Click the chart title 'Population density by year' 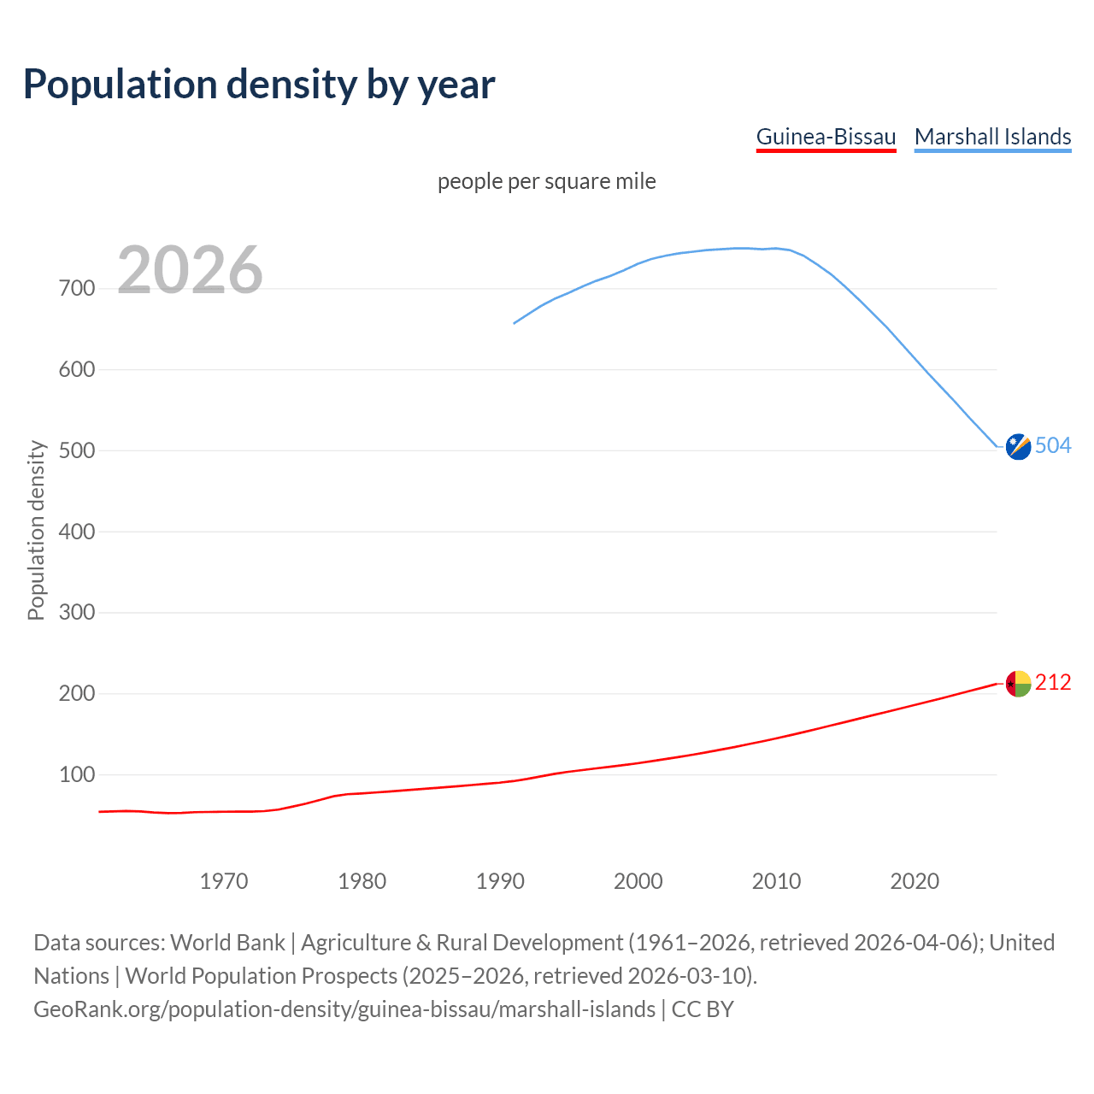(258, 84)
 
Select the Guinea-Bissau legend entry (826, 137)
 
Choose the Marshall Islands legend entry (992, 137)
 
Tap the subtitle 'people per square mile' (546, 181)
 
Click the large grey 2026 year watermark (190, 270)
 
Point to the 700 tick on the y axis (77, 289)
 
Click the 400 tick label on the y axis (77, 532)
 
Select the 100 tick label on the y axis (77, 775)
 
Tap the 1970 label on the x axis (224, 881)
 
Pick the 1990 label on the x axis (500, 881)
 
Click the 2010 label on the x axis (776, 881)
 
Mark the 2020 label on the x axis (915, 881)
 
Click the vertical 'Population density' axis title (36, 530)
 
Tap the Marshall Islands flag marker (1018, 446)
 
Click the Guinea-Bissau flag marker (1018, 684)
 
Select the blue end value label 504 (1053, 445)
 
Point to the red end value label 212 (1053, 682)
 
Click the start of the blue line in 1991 (515, 323)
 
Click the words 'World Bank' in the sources (227, 943)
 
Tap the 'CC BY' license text (703, 1009)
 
